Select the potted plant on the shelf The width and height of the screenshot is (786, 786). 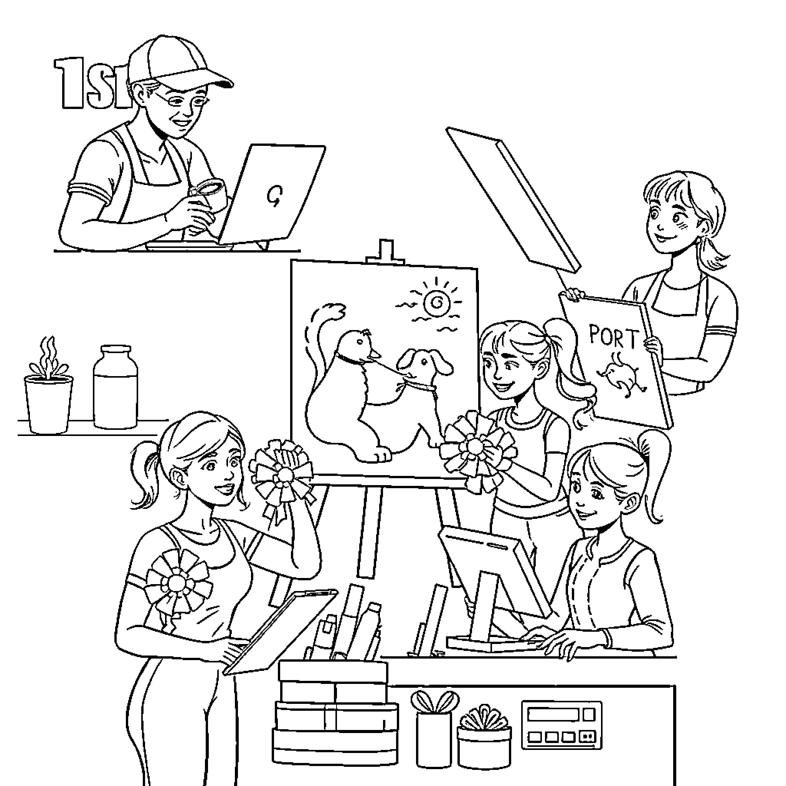pyautogui.click(x=48, y=386)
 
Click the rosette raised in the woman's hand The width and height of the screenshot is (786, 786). pyautogui.click(x=283, y=474)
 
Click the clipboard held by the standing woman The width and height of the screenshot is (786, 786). pyautogui.click(x=281, y=631)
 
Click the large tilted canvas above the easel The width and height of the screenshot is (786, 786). pyautogui.click(x=513, y=199)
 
